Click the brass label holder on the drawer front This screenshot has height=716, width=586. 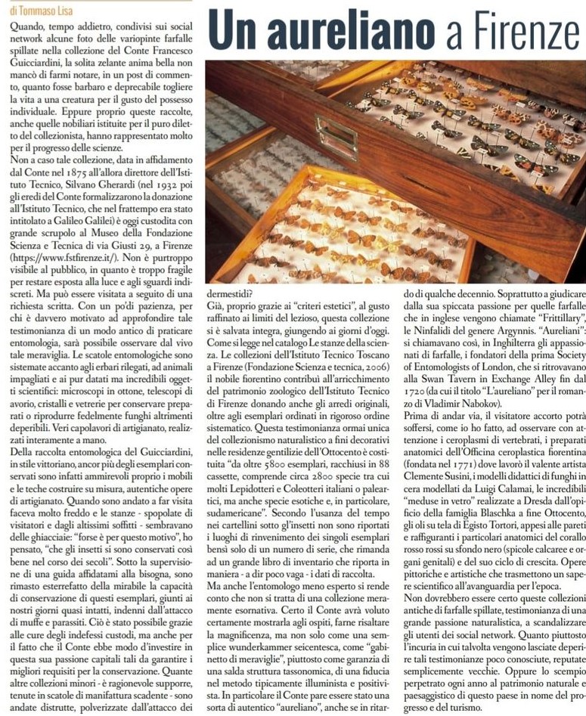tap(336, 137)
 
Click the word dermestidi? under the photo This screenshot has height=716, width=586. tap(231, 291)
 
